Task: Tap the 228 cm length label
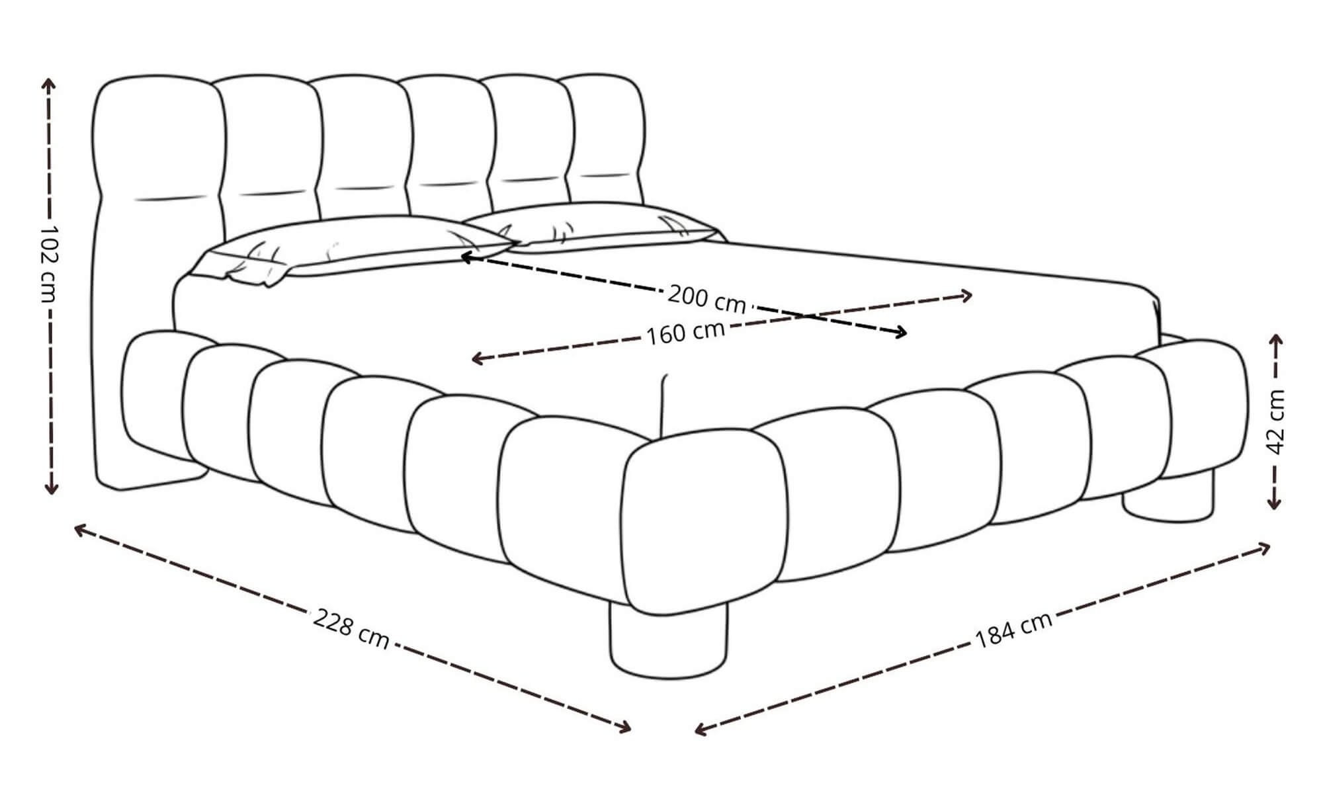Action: (x=351, y=630)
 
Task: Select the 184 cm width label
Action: (x=1013, y=630)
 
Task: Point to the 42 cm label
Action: (x=1276, y=421)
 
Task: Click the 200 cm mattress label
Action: (x=706, y=298)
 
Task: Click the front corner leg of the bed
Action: (x=668, y=640)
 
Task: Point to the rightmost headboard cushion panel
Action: (x=605, y=142)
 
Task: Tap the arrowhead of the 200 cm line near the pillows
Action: (x=465, y=257)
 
